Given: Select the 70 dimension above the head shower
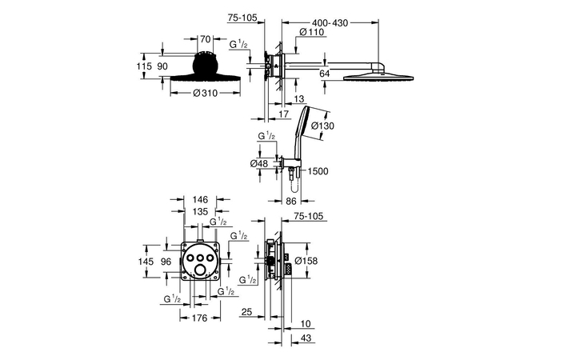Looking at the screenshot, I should point(206,38).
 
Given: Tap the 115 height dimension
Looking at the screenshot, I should point(144,66).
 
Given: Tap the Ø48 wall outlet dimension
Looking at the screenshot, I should point(259,163).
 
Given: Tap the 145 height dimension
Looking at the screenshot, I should point(145,261).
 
